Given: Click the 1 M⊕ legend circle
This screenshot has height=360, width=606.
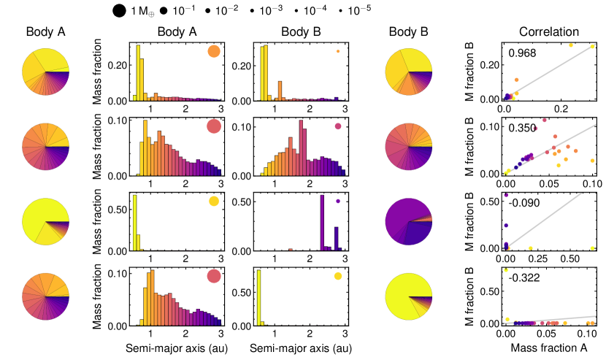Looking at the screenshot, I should pyautogui.click(x=119, y=11).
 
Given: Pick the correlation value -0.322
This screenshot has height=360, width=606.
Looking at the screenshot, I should pyautogui.click(x=523, y=278).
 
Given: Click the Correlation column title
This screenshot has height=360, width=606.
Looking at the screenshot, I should pyautogui.click(x=549, y=32).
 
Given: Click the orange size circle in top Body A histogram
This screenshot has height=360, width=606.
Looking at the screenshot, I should pyautogui.click(x=213, y=52).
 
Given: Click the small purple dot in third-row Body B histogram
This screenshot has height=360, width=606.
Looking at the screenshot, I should pyautogui.click(x=338, y=201).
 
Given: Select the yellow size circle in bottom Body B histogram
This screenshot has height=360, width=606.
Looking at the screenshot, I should pyautogui.click(x=338, y=276).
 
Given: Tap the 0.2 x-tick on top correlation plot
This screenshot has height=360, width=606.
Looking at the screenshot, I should pyautogui.click(x=561, y=108).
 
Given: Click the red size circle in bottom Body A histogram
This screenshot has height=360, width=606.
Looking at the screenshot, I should pyautogui.click(x=213, y=276).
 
